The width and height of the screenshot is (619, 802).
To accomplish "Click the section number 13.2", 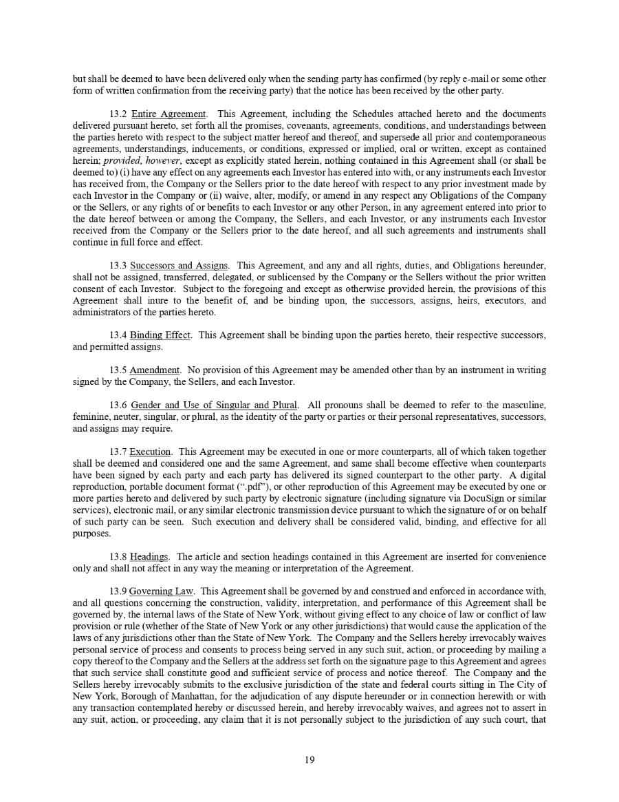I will coord(118,114).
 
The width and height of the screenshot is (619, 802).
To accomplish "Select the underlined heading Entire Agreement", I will coord(169,114).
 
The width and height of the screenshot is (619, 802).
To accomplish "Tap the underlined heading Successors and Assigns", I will coord(180,265).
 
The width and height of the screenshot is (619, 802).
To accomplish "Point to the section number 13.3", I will coord(118,265).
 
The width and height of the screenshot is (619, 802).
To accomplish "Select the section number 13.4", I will coord(118,335).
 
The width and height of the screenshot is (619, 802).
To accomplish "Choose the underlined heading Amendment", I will coord(155,370).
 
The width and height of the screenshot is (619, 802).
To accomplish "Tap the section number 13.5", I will coord(118,370).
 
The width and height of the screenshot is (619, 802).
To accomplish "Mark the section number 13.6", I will coord(118,405).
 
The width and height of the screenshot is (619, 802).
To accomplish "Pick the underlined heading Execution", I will coord(150,452).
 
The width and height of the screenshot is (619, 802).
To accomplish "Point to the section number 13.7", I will coord(118,452).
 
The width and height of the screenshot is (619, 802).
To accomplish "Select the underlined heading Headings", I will coord(150,556).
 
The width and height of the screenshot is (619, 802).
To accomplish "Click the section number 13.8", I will coord(118,556).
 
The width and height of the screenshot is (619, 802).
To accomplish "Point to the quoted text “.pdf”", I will coord(262,487).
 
